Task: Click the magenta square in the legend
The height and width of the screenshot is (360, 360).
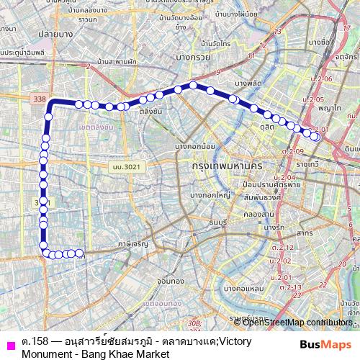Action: pos(10,344)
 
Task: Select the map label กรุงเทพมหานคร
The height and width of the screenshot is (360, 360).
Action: pos(227,166)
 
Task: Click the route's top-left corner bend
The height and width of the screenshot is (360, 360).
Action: pos(50,105)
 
